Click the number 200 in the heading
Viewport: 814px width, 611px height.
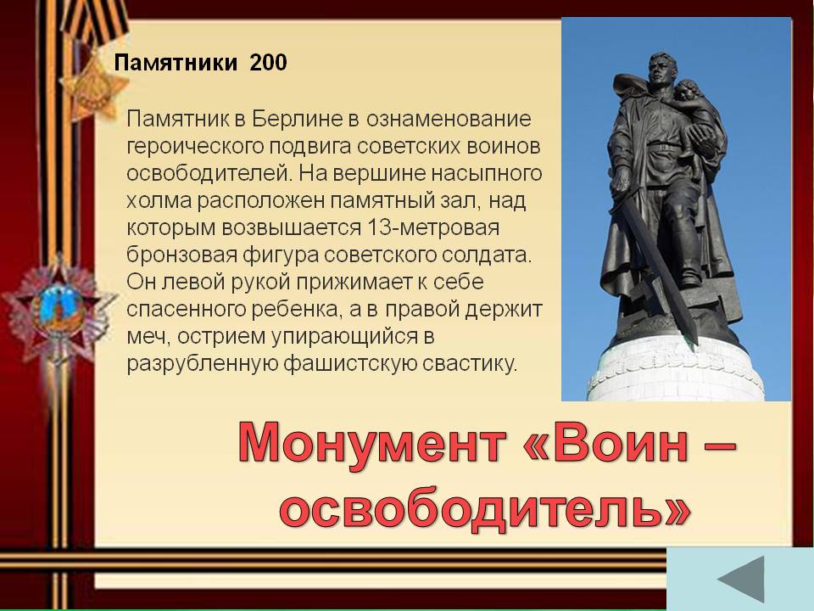pos(268,62)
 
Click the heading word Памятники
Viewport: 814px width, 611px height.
pos(176,63)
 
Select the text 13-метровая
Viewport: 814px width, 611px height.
pos(433,227)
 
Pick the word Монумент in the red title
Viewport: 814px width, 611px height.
pos(371,443)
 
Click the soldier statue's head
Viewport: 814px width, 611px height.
pos(662,68)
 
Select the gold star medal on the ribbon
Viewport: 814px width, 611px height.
pos(93,86)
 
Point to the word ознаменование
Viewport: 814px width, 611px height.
pos(449,119)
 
